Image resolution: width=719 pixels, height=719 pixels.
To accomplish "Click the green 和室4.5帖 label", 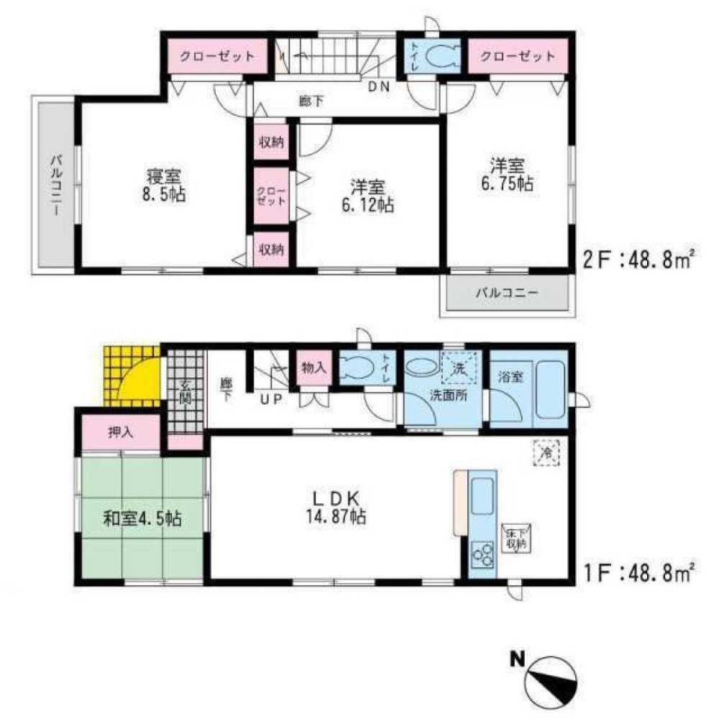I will [139, 517].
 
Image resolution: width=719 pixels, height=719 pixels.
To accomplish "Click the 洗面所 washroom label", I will [446, 395].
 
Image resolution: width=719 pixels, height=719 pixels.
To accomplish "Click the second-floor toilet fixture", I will [437, 57].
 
